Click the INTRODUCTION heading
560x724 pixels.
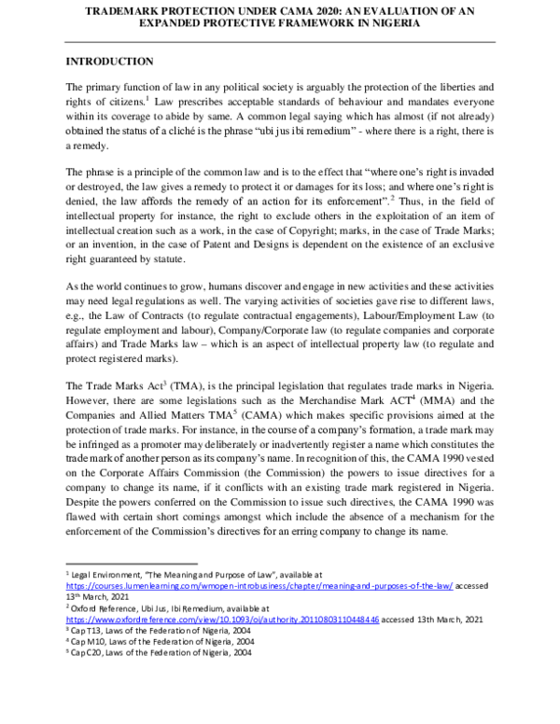pos(109,62)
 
